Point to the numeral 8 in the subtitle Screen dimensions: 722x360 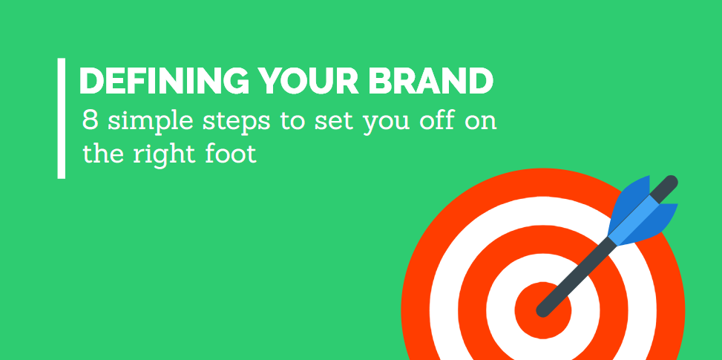pyautogui.click(x=91, y=120)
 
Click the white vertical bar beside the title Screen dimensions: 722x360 pyautogui.click(x=62, y=118)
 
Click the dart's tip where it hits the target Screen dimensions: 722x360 pyautogui.click(x=542, y=312)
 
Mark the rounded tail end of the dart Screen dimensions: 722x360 pyautogui.click(x=672, y=181)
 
